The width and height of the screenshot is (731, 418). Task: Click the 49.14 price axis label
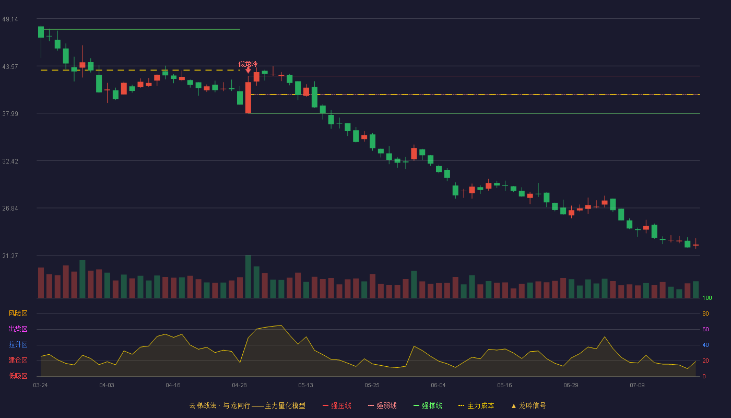pos(10,19)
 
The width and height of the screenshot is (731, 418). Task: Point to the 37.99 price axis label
pos(10,114)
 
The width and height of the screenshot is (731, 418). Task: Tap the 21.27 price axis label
pos(10,256)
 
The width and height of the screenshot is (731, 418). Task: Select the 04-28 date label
pos(239,386)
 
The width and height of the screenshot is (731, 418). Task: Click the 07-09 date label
pos(637,386)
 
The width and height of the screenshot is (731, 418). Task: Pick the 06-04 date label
pos(438,386)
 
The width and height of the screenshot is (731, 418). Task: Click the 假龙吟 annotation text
pos(247,64)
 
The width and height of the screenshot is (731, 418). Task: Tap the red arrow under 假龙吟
pos(248,70)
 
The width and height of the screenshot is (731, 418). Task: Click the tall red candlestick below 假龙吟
pos(249,98)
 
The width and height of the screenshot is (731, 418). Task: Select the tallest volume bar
pos(249,276)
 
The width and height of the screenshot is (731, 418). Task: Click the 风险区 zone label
pos(18,313)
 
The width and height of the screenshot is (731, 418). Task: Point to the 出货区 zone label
pos(18,329)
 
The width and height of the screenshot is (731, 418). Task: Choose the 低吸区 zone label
pos(18,376)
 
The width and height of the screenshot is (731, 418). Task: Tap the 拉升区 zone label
pos(18,344)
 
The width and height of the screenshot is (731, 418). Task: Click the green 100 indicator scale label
pos(707,298)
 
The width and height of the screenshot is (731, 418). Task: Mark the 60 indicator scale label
pos(705,329)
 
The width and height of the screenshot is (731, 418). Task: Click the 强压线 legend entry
pos(337,405)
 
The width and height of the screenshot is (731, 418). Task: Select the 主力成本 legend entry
pos(476,405)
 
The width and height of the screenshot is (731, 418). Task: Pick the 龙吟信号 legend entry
pos(528,405)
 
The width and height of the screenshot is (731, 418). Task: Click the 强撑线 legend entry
pos(428,405)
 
